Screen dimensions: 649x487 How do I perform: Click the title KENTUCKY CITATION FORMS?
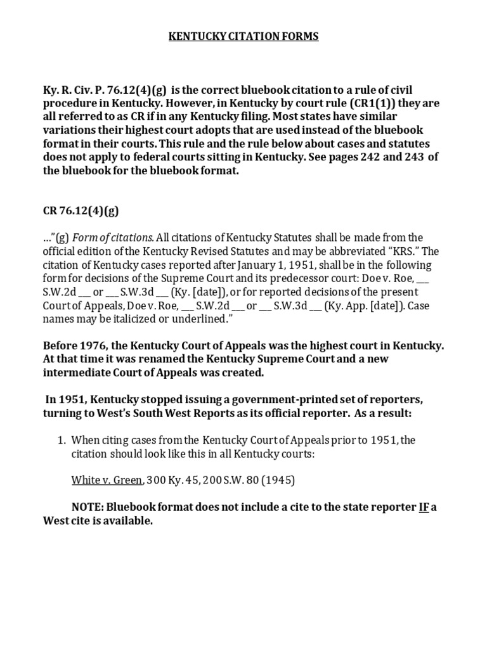click(243, 37)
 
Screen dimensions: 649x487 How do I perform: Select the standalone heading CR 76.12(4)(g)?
click(81, 212)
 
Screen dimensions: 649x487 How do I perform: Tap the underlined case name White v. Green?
click(107, 480)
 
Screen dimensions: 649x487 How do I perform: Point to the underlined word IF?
click(424, 508)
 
